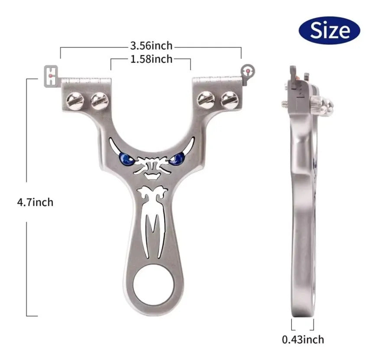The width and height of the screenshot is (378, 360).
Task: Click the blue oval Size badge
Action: [x=330, y=30]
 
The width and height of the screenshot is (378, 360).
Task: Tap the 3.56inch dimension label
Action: [x=152, y=46]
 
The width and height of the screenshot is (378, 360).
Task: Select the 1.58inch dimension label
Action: [x=152, y=59]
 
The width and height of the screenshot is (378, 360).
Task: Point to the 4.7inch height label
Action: [x=35, y=202]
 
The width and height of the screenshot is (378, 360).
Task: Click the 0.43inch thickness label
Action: [x=303, y=340]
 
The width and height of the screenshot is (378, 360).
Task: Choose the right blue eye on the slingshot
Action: [x=177, y=159]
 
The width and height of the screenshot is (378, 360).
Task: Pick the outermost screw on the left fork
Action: [x=75, y=101]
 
